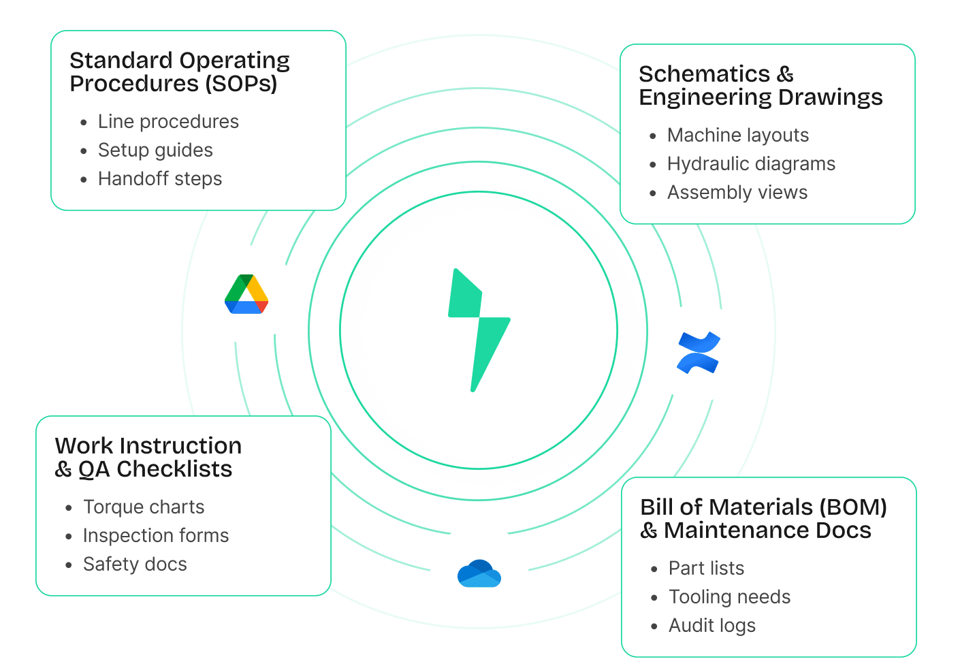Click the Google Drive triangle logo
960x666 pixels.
click(x=246, y=294)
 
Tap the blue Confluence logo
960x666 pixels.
click(x=699, y=352)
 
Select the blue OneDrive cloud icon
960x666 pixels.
click(x=479, y=573)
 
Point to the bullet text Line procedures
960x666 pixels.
click(x=168, y=122)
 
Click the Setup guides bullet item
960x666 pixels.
click(x=155, y=150)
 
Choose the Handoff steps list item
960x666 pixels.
click(x=160, y=179)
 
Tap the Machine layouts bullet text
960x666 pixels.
click(x=738, y=136)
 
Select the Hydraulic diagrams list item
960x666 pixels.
click(x=751, y=164)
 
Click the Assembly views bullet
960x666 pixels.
click(x=737, y=193)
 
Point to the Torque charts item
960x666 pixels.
click(x=144, y=507)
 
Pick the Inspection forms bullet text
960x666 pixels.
click(x=156, y=536)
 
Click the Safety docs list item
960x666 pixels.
click(x=135, y=565)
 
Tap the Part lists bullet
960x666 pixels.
click(x=706, y=569)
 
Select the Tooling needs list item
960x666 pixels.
click(x=729, y=597)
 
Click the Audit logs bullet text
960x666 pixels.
click(x=712, y=626)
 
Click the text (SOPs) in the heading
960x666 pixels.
click(x=241, y=84)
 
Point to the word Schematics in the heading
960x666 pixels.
click(x=704, y=74)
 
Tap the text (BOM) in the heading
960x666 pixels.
click(x=853, y=507)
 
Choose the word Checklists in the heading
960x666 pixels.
click(x=174, y=469)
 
